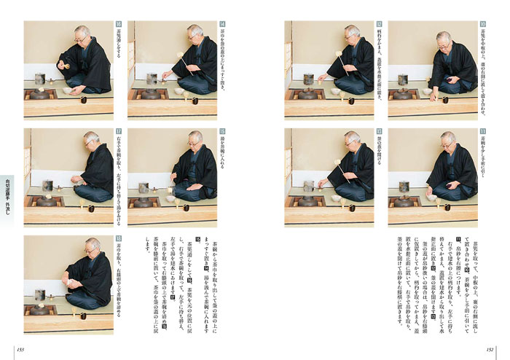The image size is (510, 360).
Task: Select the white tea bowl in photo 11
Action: click(x=430, y=197)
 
